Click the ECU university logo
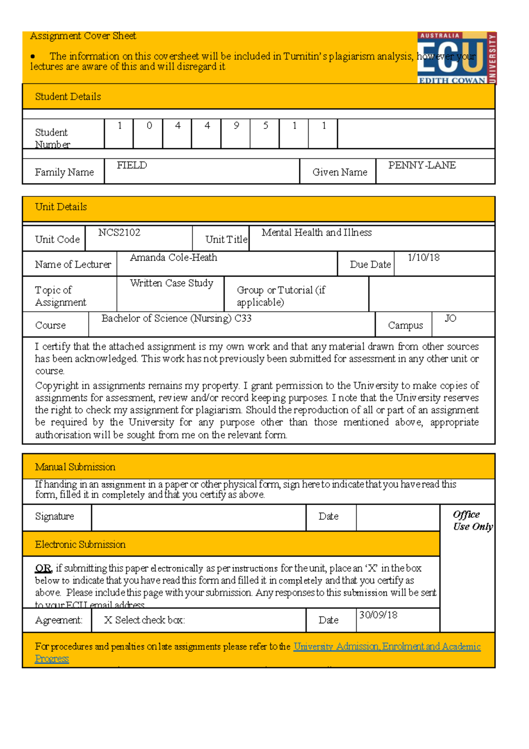click(456, 58)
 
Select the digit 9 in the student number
click(236, 126)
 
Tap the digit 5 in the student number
click(265, 126)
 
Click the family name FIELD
click(132, 165)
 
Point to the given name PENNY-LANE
click(422, 165)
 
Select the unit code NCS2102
click(119, 232)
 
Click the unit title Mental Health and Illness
click(317, 232)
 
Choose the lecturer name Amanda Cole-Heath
click(173, 258)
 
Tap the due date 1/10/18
click(423, 258)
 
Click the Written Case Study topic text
click(171, 283)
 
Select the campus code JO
click(450, 318)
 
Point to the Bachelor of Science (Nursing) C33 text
click(176, 318)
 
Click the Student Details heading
click(68, 97)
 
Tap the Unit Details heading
click(61, 207)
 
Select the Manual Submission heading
click(75, 467)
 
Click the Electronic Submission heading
click(80, 545)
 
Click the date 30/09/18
click(378, 615)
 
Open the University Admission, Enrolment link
click(387, 647)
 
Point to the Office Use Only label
click(473, 521)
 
